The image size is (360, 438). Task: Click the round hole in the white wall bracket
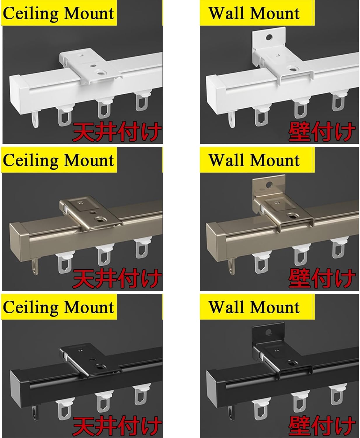tap(269, 37)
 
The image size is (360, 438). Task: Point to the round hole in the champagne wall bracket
tap(269, 185)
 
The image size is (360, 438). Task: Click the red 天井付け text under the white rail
tap(117, 132)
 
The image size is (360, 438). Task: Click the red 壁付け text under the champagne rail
tap(322, 279)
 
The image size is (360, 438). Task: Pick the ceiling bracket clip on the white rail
tap(90, 66)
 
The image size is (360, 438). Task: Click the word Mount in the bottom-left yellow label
tap(89, 307)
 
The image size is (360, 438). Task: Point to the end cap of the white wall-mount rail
tap(216, 91)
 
